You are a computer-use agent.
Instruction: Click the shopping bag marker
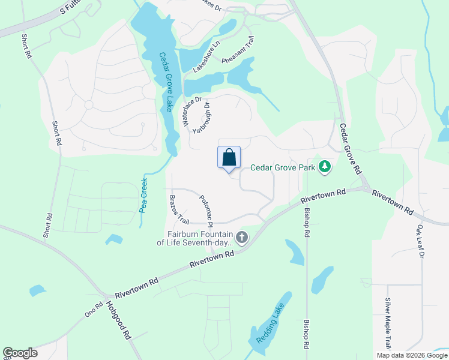[x=229, y=158]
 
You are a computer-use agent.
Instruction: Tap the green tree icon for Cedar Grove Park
[x=325, y=166]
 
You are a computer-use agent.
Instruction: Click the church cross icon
[x=241, y=238]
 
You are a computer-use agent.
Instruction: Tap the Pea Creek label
[x=144, y=195]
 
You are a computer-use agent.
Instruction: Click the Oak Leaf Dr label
[x=420, y=242]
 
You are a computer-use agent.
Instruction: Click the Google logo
[x=20, y=353]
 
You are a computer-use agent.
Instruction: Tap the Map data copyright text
[x=412, y=355]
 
